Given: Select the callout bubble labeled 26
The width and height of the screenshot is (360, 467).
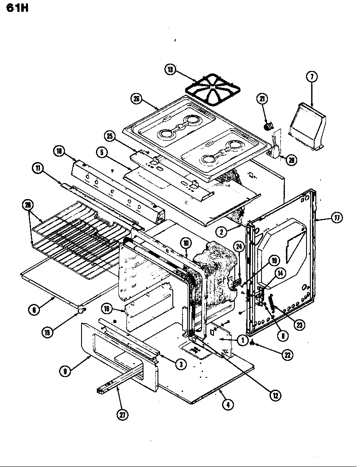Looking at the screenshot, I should point(136,98).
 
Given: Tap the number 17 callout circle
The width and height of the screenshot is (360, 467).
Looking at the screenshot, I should point(337,218).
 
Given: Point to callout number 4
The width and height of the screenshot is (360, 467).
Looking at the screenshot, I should point(228,405).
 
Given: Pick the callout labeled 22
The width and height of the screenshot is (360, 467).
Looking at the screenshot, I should point(288,355).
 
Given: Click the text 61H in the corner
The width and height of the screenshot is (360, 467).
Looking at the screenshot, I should point(17,7).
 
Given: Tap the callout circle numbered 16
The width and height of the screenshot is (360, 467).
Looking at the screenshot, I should point(107,308).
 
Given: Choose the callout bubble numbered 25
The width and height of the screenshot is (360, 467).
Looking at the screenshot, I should point(110,136).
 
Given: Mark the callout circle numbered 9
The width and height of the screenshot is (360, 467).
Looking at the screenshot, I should point(65,371).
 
